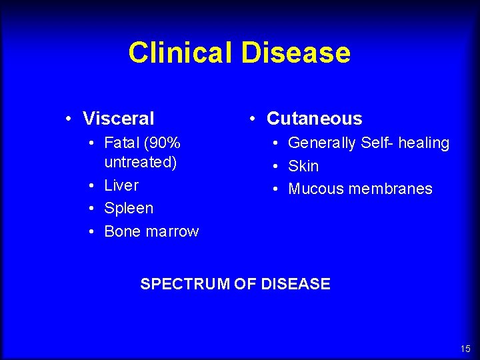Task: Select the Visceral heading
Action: tap(118, 119)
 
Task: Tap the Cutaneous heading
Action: tap(314, 119)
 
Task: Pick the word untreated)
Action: tap(140, 162)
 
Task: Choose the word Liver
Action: tap(121, 185)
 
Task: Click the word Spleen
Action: tap(129, 208)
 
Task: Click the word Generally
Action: tap(322, 143)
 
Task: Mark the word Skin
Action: tap(303, 166)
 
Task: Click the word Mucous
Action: tap(313, 189)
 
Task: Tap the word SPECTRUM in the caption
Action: tap(185, 284)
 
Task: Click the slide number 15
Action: tap(465, 349)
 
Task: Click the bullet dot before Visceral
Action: tap(69, 119)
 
